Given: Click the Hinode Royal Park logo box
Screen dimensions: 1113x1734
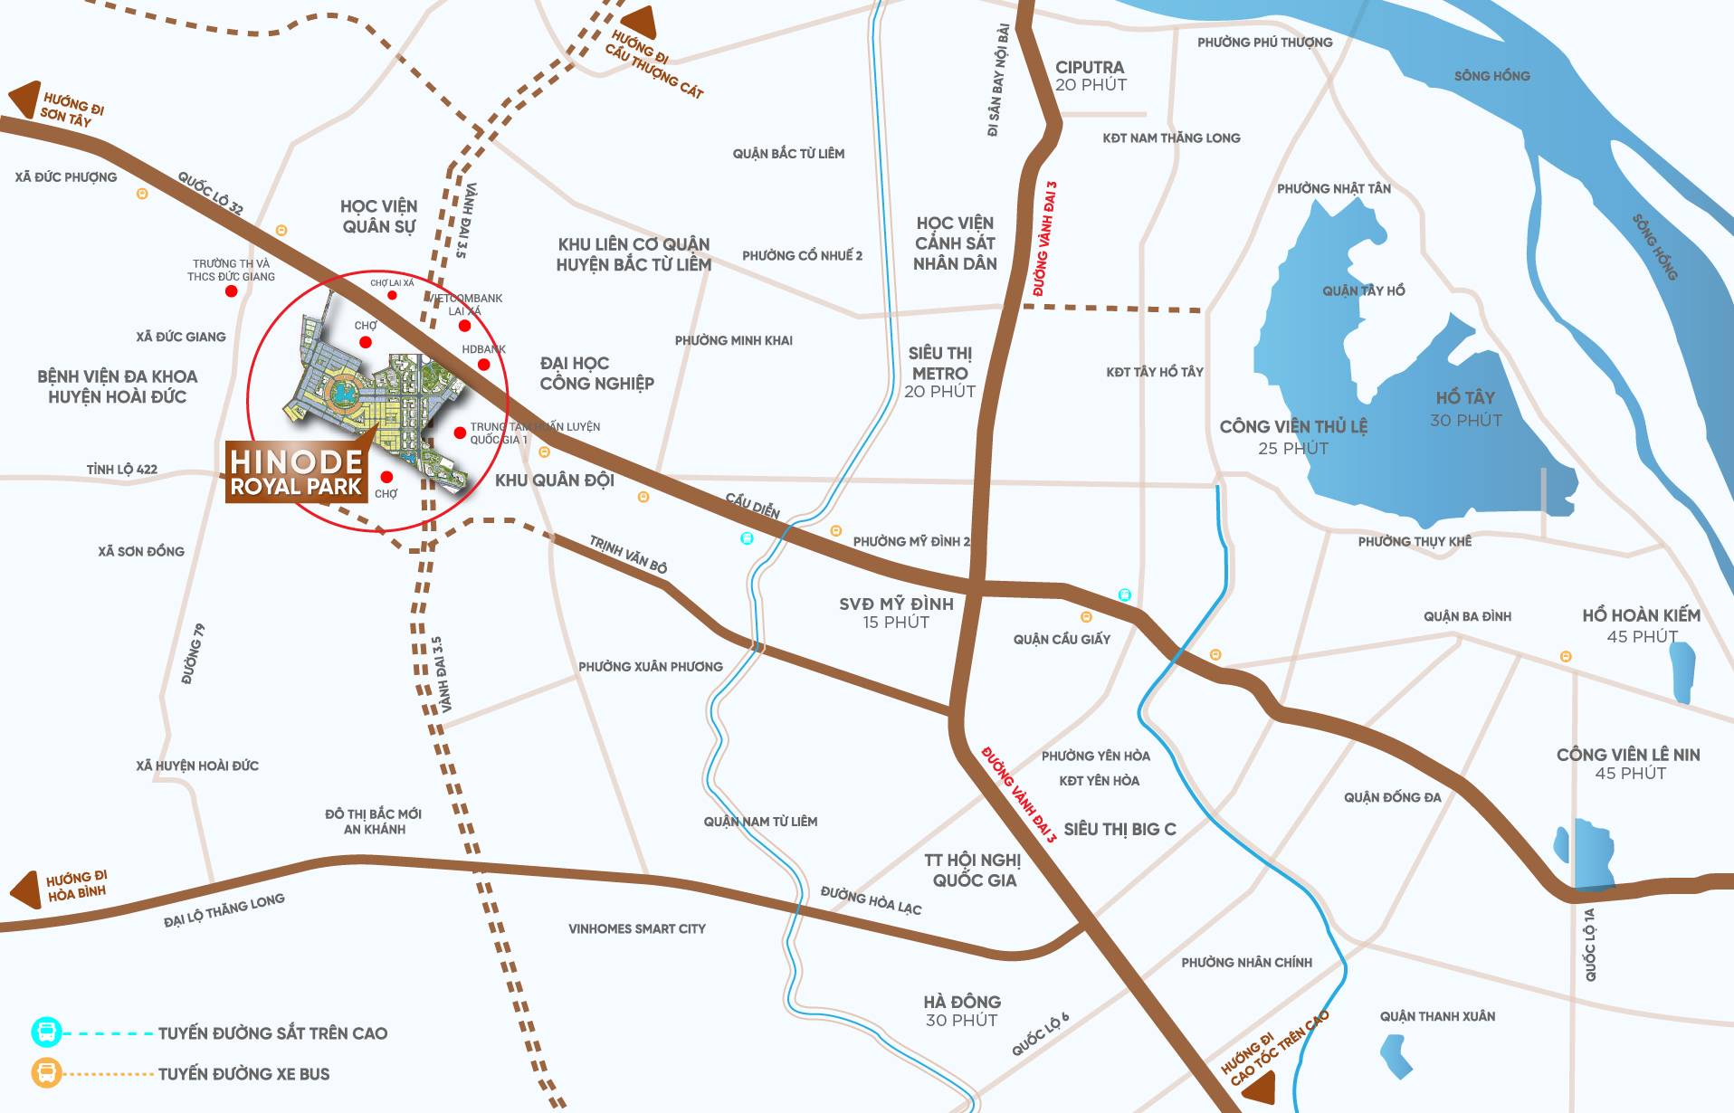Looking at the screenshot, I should [x=296, y=473].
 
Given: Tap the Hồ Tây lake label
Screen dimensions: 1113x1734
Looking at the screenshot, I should [x=1465, y=407].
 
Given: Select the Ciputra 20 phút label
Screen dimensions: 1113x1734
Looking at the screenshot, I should [x=1090, y=76].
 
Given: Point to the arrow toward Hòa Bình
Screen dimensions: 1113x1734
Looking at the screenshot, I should [x=27, y=889].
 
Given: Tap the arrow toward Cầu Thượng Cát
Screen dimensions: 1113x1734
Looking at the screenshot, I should [x=640, y=23].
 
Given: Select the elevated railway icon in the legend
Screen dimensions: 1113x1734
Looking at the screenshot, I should [x=46, y=1032].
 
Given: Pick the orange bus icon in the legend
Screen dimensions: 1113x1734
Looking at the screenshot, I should [x=46, y=1074].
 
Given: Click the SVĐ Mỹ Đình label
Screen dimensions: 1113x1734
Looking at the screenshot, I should [x=895, y=612].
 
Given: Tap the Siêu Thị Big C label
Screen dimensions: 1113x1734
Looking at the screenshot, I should [x=1119, y=829].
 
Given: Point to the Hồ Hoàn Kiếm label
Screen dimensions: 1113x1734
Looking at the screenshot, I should [x=1640, y=624].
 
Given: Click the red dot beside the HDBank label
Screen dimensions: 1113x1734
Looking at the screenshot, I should [x=483, y=365].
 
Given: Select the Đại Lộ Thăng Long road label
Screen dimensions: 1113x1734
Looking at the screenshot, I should [x=224, y=910].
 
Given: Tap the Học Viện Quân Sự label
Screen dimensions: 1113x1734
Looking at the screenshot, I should [x=378, y=216].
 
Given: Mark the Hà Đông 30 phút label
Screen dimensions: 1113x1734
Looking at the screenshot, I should [x=961, y=1011].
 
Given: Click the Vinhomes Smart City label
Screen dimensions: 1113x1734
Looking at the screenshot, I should [x=636, y=928].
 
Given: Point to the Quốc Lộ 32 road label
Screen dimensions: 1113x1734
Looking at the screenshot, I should [x=210, y=193].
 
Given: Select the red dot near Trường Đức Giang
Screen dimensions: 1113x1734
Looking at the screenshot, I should [x=231, y=291].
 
